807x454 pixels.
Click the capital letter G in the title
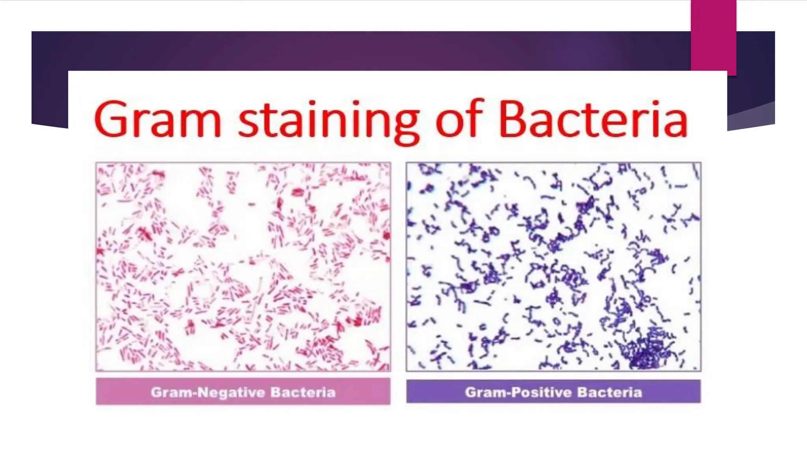tap(112, 119)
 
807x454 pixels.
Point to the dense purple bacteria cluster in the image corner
tap(646, 351)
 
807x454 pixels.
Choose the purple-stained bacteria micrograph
tap(553, 266)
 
